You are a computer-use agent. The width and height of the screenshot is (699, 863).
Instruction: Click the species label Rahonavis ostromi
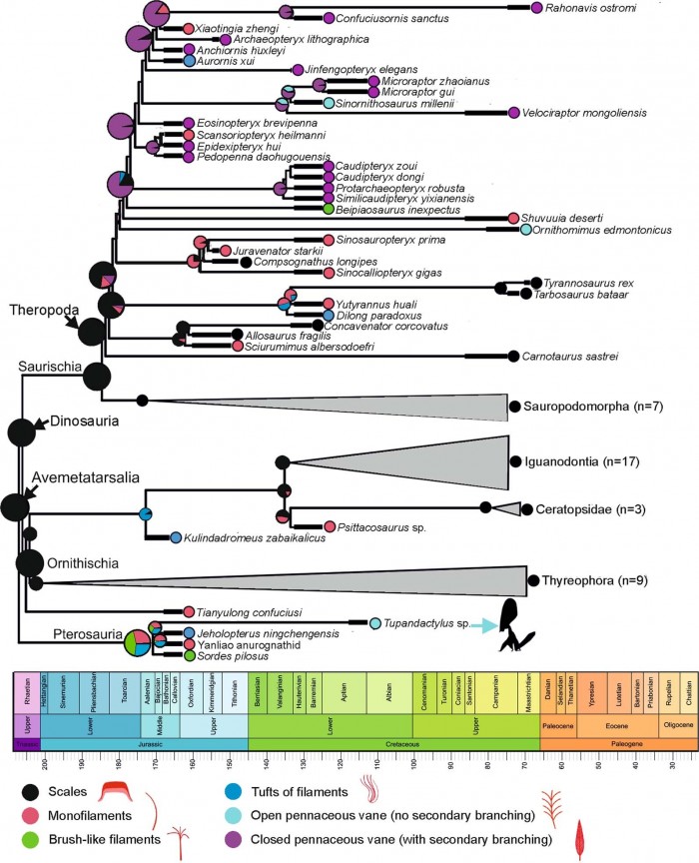(x=592, y=9)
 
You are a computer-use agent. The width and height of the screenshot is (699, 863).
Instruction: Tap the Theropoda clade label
(x=37, y=311)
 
